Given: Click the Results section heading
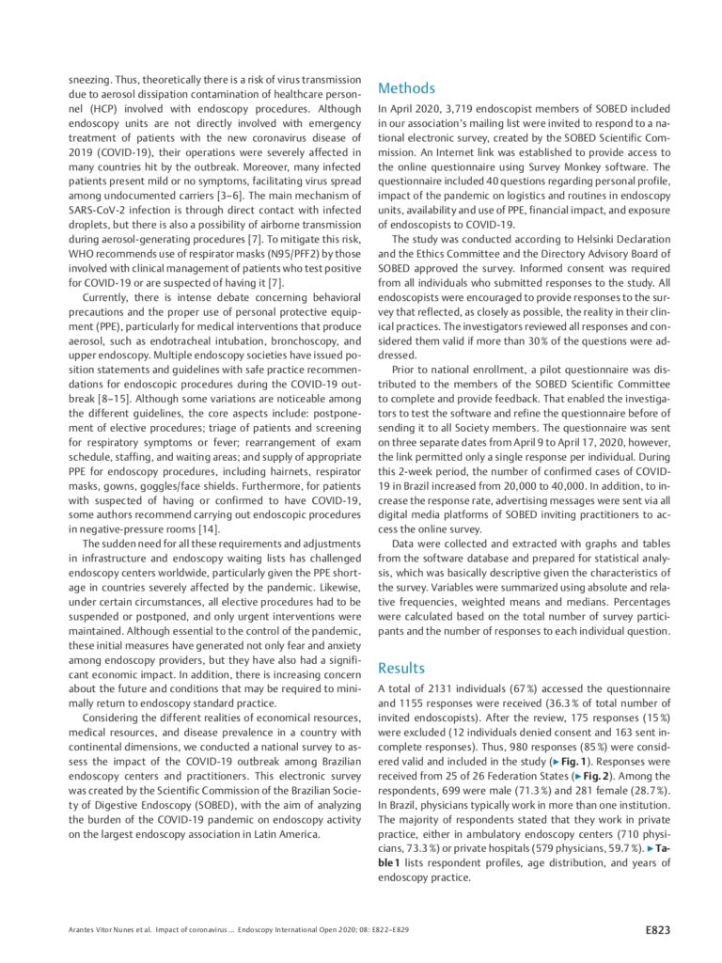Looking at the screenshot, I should (401, 668).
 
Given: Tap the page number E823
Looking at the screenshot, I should (657, 930).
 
